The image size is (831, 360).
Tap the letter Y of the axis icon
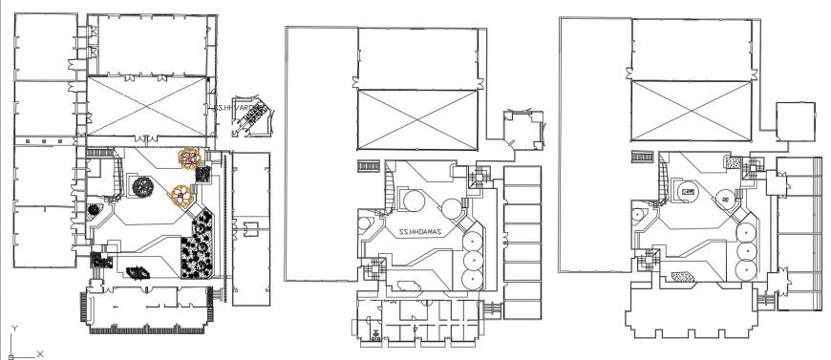tap(13, 327)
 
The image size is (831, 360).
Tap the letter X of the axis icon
tap(39, 353)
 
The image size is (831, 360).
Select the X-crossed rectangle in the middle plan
tap(418, 119)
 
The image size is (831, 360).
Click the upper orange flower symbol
tap(192, 157)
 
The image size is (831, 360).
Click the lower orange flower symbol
tap(180, 196)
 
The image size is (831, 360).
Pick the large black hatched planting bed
tap(201, 245)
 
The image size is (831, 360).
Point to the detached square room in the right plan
tap(795, 121)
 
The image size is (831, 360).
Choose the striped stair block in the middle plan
tap(368, 166)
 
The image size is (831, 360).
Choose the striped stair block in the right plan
tap(641, 156)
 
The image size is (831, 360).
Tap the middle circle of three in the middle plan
tap(471, 259)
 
